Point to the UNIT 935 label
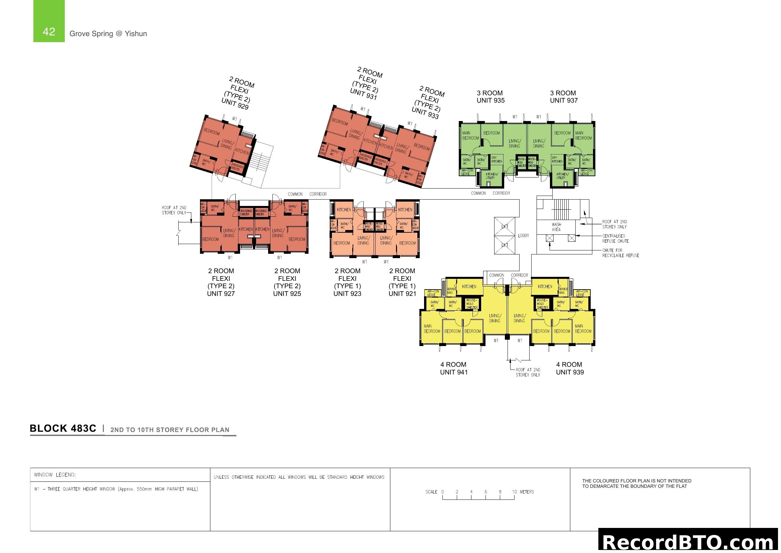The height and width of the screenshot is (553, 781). pyautogui.click(x=491, y=100)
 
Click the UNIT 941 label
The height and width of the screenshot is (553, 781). pyautogui.click(x=454, y=372)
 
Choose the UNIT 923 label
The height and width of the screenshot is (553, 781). pyautogui.click(x=347, y=294)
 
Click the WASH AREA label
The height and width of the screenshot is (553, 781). pyautogui.click(x=556, y=227)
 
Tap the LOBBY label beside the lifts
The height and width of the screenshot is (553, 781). pyautogui.click(x=524, y=236)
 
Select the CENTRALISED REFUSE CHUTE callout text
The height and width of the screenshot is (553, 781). pyautogui.click(x=615, y=238)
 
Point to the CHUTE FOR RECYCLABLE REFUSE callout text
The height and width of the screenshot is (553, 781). pyautogui.click(x=620, y=253)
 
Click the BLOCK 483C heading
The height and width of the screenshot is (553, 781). pyautogui.click(x=63, y=428)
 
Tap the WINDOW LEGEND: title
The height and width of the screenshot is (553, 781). pyautogui.click(x=55, y=475)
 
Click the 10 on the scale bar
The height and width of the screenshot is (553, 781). pyautogui.click(x=514, y=492)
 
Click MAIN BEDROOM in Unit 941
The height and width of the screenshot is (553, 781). pyautogui.click(x=432, y=329)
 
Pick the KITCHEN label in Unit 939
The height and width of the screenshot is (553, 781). pyautogui.click(x=545, y=287)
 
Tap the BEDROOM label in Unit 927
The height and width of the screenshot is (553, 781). pyautogui.click(x=211, y=239)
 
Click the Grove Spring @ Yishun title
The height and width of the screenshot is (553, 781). pyautogui.click(x=108, y=34)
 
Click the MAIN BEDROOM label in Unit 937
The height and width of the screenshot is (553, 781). pyautogui.click(x=583, y=135)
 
